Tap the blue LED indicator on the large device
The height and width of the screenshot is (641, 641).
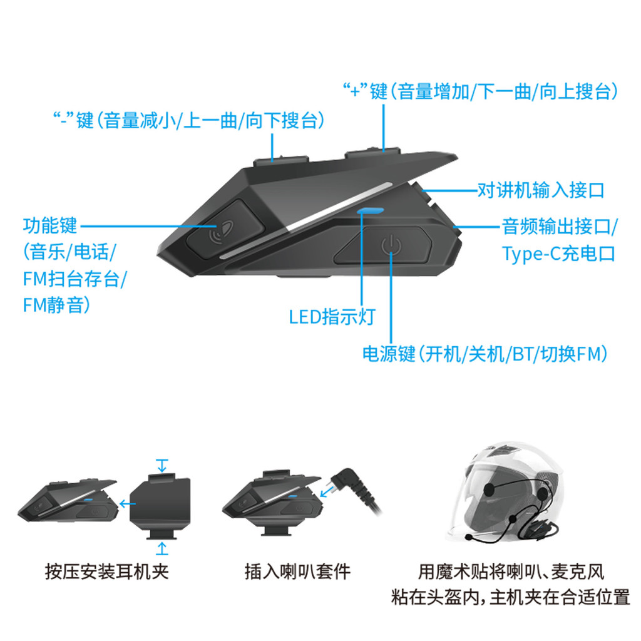click(370, 211)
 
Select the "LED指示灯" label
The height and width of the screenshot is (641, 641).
click(332, 317)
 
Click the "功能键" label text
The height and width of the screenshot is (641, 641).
click(50, 226)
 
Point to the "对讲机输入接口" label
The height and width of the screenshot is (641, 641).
click(541, 190)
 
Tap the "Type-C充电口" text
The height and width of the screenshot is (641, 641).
click(558, 254)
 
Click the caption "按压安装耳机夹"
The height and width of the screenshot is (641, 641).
click(106, 572)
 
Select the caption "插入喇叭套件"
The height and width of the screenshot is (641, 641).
click(297, 572)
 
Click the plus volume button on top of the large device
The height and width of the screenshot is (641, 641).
click(372, 153)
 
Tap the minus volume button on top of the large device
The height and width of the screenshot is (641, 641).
click(281, 160)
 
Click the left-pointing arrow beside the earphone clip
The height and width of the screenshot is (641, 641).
click(127, 504)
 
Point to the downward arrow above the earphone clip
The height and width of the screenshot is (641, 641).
click(162, 466)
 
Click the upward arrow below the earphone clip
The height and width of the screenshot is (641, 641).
click(162, 548)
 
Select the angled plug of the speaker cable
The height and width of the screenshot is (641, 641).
click(347, 483)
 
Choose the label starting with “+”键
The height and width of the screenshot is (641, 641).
click(481, 91)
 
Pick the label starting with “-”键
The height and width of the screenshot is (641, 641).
click(189, 120)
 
